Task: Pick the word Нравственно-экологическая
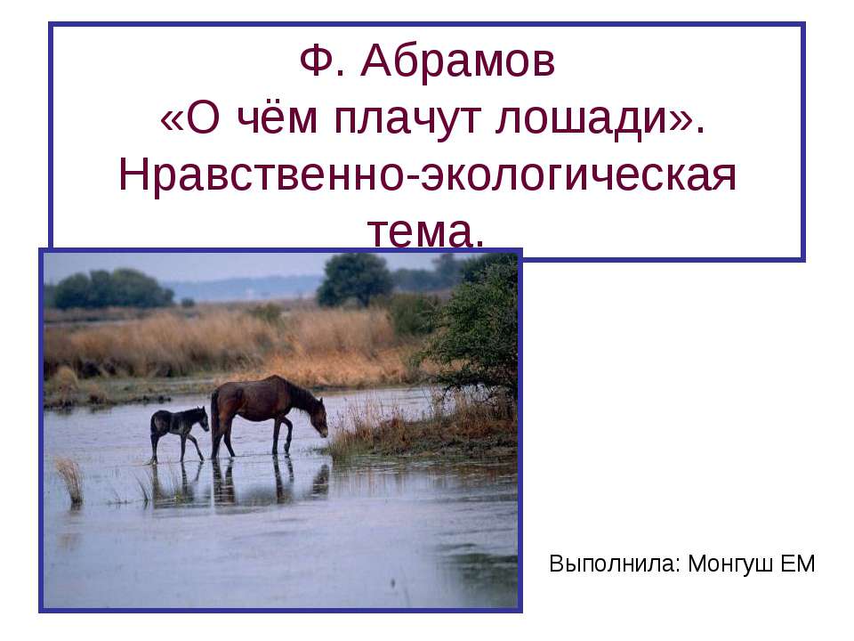click(427, 175)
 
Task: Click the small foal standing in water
click(178, 430)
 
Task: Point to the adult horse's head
click(318, 421)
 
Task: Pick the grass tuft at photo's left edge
click(69, 479)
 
